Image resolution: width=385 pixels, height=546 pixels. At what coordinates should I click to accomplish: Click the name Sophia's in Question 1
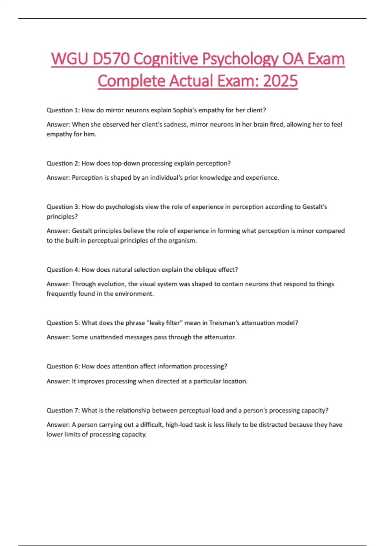[185, 110]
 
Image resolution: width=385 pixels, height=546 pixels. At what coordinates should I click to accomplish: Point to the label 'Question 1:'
[63, 110]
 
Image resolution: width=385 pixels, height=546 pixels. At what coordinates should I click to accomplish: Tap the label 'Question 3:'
[63, 207]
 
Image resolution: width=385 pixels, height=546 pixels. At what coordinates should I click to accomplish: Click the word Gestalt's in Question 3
[314, 207]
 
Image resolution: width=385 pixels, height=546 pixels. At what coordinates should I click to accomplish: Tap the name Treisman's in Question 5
[224, 323]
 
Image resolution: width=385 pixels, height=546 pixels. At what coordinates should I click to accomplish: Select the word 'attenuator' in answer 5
[220, 337]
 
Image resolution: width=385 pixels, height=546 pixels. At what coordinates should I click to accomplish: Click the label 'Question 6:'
[63, 366]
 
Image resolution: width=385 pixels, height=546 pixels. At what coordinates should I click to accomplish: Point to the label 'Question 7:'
[63, 410]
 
